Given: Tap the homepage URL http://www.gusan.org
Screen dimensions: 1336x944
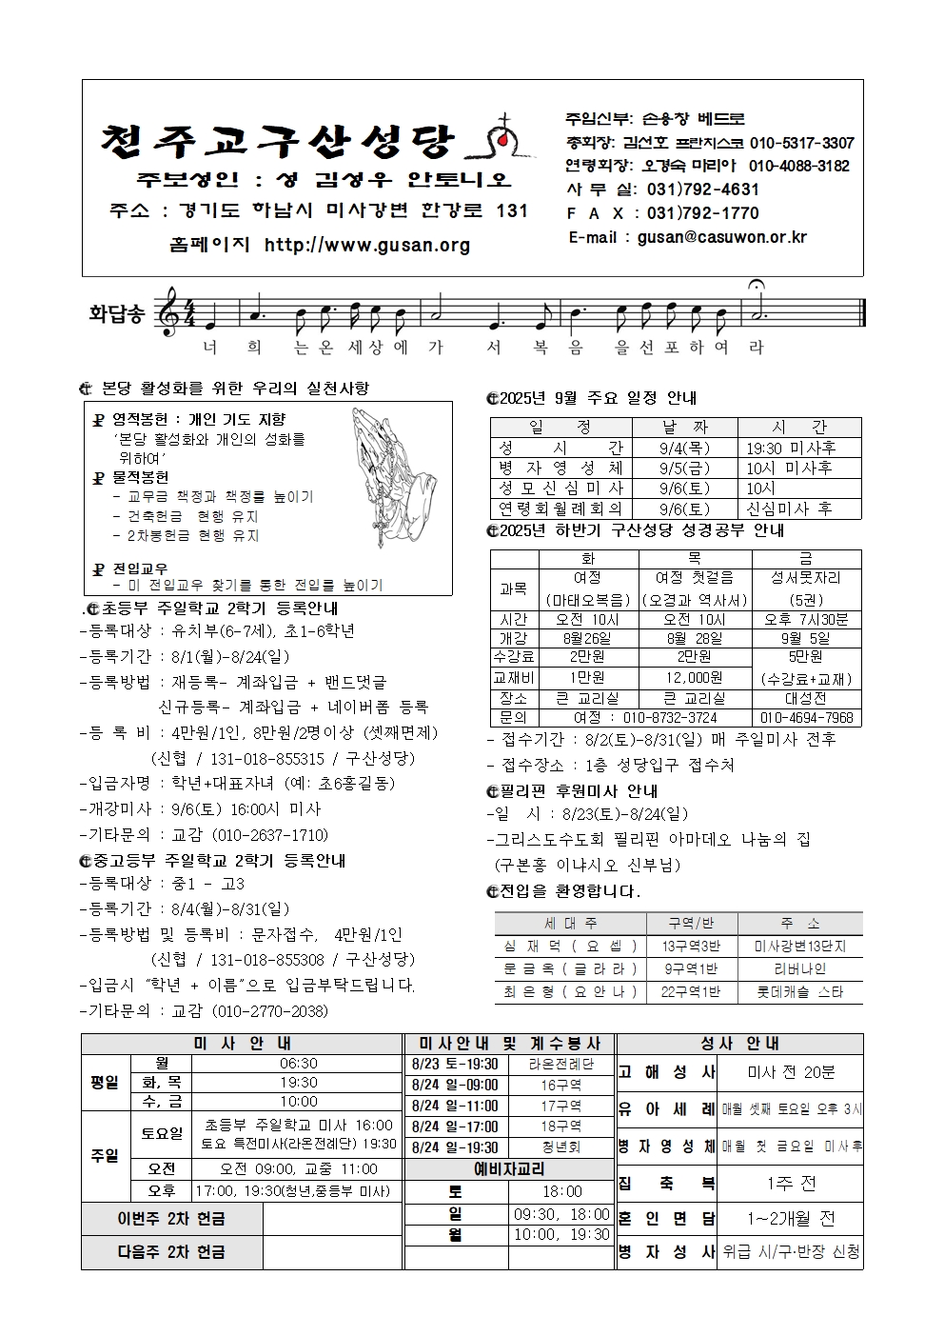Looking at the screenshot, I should pos(367,246).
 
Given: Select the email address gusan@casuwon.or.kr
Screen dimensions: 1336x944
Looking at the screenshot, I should pos(722,237).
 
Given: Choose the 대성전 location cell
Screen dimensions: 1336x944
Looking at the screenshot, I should pos(806,698).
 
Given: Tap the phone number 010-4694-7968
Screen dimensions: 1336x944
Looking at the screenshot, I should pos(807,718).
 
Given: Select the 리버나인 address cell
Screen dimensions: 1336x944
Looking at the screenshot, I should pos(799,968).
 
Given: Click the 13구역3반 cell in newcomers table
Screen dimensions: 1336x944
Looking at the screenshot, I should pos(691,946).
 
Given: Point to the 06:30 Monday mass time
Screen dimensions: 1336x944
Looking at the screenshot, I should pos(299,1064).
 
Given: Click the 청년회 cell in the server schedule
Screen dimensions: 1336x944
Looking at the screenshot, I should pos(561,1148).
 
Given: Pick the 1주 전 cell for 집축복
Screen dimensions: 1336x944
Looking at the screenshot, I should pos(791,1184).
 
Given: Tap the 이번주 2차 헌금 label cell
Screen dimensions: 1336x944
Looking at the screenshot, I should pos(172,1220).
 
